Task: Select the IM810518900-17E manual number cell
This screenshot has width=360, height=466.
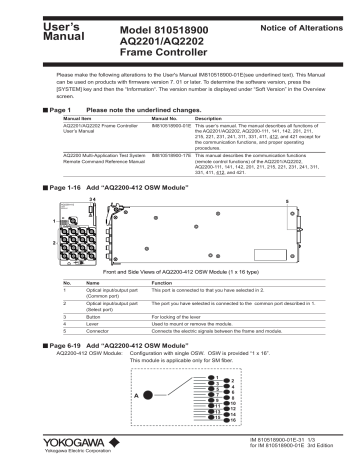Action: tap(168, 156)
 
